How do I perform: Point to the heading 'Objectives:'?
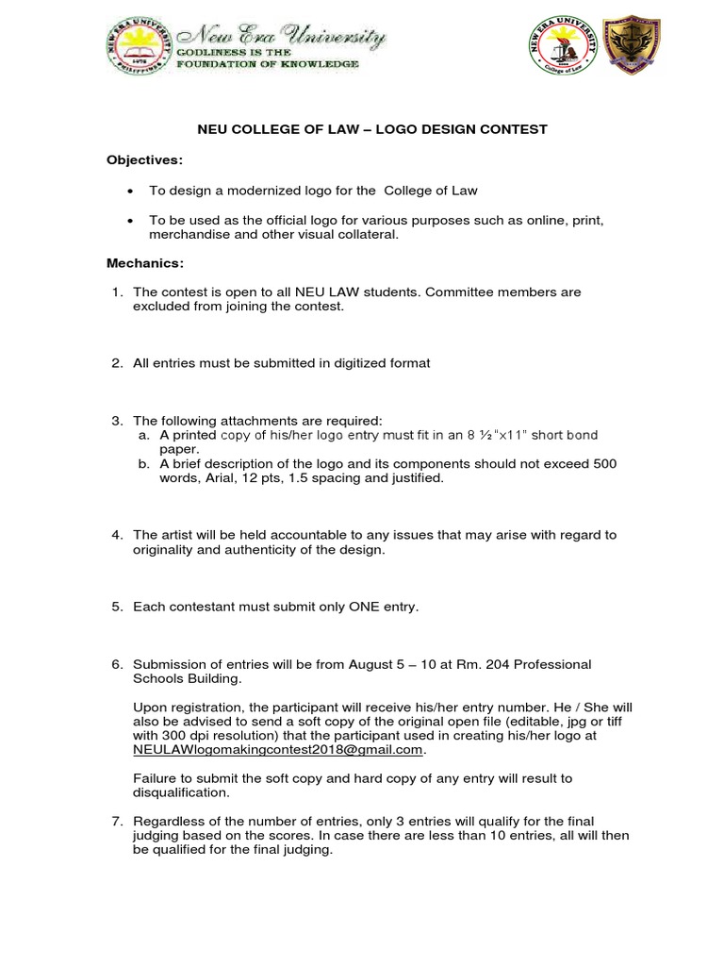(x=144, y=159)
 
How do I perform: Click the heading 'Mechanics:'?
(x=145, y=262)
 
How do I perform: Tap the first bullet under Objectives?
(x=131, y=191)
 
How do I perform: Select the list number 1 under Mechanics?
(x=116, y=292)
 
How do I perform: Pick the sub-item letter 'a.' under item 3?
(x=144, y=434)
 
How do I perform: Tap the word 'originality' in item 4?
(x=164, y=550)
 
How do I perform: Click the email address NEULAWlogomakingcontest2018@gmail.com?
(x=278, y=749)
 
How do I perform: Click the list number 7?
(x=116, y=821)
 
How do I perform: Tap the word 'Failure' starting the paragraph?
(x=155, y=778)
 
